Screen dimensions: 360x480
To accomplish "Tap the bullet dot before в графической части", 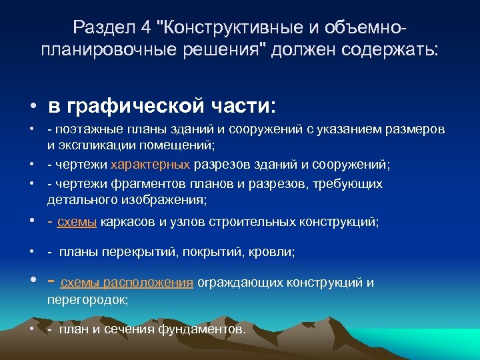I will (32, 107).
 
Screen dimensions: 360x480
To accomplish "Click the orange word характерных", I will (151, 164).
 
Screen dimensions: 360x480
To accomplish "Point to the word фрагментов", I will (141, 183).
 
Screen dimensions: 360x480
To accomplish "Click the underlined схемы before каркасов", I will (77, 223).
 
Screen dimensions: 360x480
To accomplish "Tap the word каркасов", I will (125, 223).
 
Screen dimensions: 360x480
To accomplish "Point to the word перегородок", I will (87, 299).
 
